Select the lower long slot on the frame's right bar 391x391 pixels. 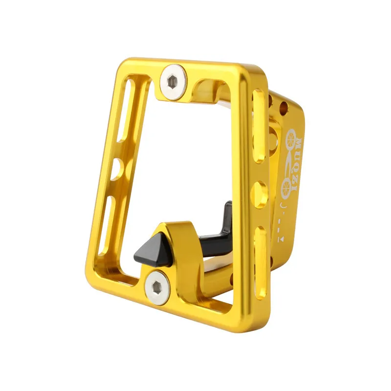[261, 261]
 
